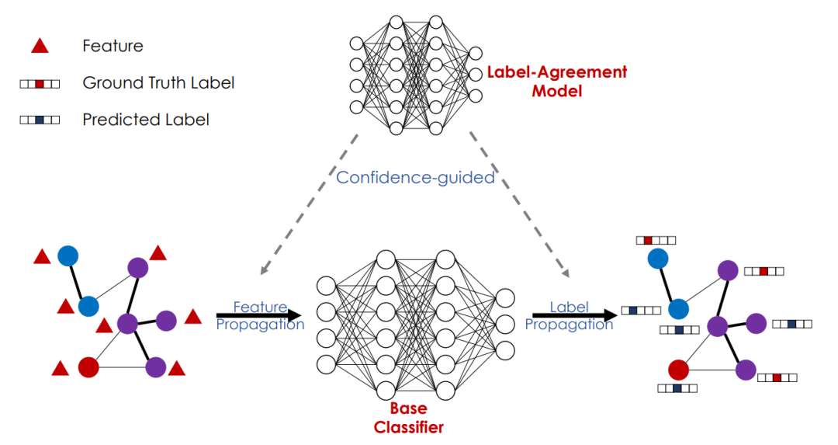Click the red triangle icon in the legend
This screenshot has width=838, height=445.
[x=39, y=46]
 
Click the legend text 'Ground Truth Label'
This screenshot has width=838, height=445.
[x=158, y=82]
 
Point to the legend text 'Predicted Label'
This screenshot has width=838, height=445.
[x=146, y=120]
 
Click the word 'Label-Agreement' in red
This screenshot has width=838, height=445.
[x=556, y=72]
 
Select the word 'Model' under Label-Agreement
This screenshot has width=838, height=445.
[x=556, y=91]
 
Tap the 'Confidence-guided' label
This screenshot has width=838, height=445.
[x=415, y=177]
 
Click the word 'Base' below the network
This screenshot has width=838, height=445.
[x=408, y=408]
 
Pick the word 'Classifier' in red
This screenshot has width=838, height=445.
[x=408, y=427]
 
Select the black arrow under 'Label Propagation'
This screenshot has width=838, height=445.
[x=574, y=315]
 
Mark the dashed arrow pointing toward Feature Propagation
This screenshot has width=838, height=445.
[x=310, y=204]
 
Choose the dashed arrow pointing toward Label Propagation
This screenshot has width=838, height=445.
[x=520, y=204]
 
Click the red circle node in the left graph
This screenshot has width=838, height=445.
[x=88, y=367]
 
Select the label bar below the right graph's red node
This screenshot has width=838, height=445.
[x=677, y=388]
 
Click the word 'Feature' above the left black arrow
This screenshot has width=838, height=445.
[x=260, y=308]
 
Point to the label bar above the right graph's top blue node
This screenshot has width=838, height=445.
[x=656, y=241]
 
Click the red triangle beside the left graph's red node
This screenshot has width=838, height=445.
[x=61, y=369]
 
